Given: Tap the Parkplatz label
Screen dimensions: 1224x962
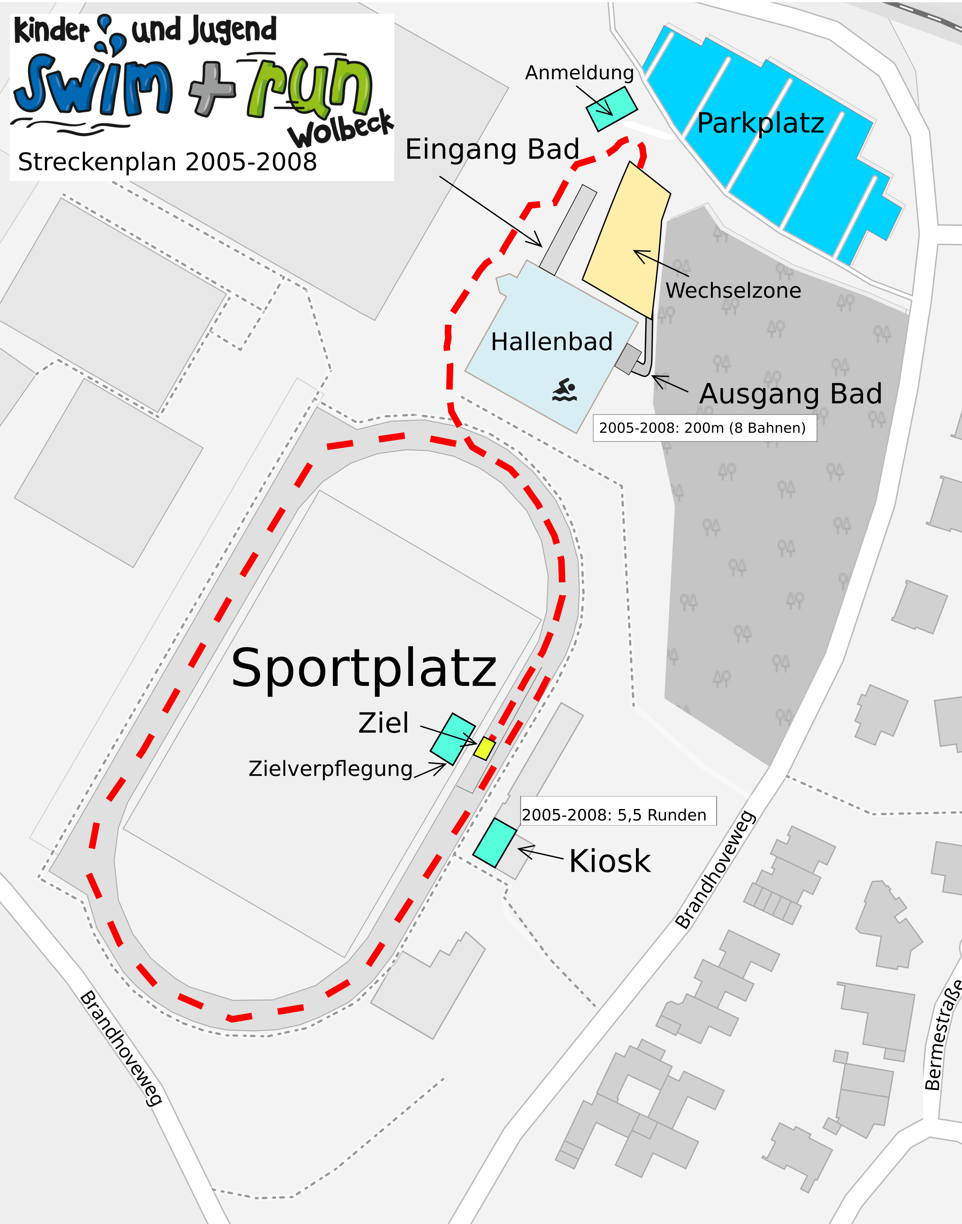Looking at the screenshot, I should [x=760, y=123].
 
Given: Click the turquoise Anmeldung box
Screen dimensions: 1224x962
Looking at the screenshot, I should [x=612, y=109].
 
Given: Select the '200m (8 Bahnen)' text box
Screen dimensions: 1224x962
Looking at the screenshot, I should [x=704, y=428].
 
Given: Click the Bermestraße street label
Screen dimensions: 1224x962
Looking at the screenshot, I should [x=944, y=1036].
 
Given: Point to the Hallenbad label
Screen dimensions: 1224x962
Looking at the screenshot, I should [x=552, y=342].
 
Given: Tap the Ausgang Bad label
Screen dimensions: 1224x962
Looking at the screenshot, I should [x=790, y=394].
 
